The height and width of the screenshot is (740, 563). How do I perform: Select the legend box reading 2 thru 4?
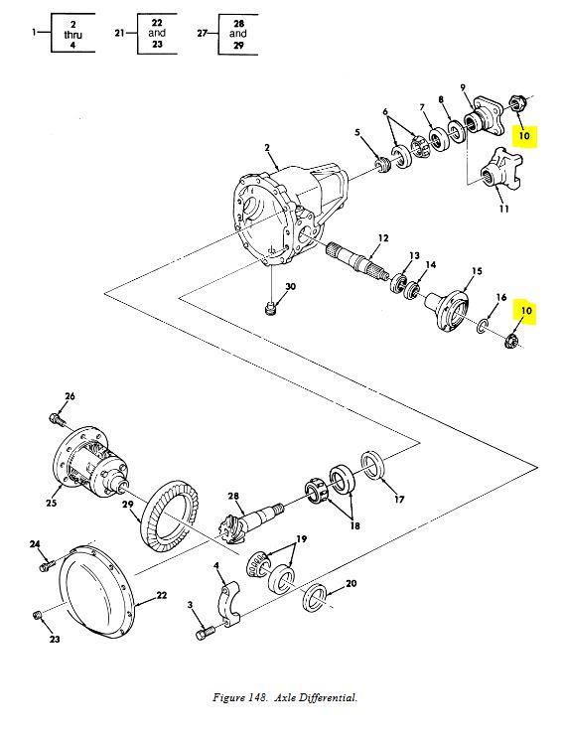tap(67, 34)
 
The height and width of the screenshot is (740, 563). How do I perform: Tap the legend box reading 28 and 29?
tap(237, 34)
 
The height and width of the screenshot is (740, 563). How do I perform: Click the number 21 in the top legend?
tap(119, 33)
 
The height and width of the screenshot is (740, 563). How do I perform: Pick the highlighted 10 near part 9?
tap(525, 135)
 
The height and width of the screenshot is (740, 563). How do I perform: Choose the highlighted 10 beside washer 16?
tap(525, 311)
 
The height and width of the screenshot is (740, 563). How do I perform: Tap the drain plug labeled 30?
tap(271, 310)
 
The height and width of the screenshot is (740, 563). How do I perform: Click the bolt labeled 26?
tap(58, 418)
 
